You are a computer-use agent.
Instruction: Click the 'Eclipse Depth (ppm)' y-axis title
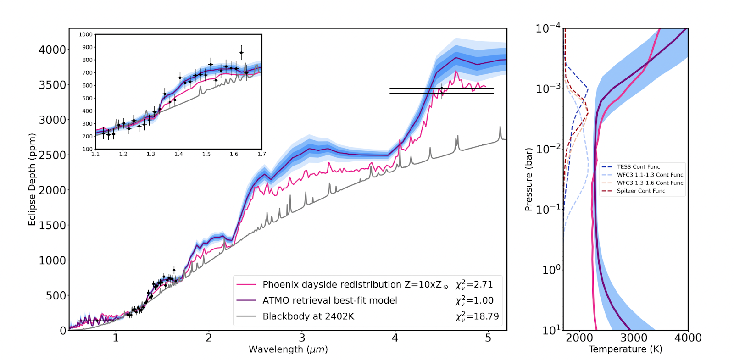32,179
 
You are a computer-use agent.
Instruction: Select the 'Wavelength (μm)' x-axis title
288,349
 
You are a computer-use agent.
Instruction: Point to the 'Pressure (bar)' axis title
528,179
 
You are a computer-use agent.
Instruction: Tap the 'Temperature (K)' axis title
625,349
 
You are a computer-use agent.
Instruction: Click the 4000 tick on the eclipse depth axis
52,50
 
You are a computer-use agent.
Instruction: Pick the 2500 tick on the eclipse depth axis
52,155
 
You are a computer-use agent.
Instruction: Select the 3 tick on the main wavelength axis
302,338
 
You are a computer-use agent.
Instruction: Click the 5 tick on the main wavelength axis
488,338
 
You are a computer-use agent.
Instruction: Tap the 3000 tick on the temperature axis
634,338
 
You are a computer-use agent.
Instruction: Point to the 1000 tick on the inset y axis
86,34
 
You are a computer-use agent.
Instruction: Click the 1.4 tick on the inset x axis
178,154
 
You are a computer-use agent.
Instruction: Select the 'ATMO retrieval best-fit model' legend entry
329,300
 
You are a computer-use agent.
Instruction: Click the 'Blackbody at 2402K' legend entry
308,316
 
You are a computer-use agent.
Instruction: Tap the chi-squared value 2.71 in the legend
474,285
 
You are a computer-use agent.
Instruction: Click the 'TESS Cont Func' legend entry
638,167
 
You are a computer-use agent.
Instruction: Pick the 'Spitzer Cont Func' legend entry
640,191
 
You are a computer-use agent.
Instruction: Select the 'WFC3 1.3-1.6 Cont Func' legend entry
650,183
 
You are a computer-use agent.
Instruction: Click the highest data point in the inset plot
241,53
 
